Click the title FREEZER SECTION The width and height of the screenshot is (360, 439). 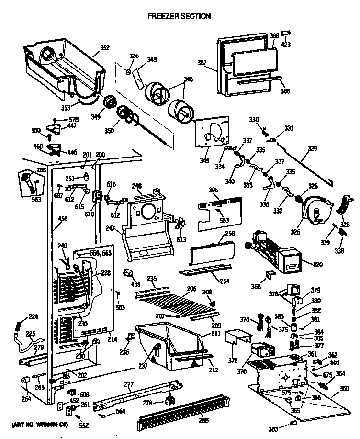[179, 16]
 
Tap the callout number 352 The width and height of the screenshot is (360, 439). [104, 47]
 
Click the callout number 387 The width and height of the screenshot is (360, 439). [202, 63]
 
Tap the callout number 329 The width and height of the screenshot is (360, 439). [312, 149]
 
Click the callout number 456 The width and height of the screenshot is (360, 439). [63, 219]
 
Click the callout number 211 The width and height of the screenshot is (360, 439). [216, 333]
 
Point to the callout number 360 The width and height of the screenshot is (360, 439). [344, 388]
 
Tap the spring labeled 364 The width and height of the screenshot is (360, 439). [325, 383]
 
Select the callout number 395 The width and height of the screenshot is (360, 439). [214, 190]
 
